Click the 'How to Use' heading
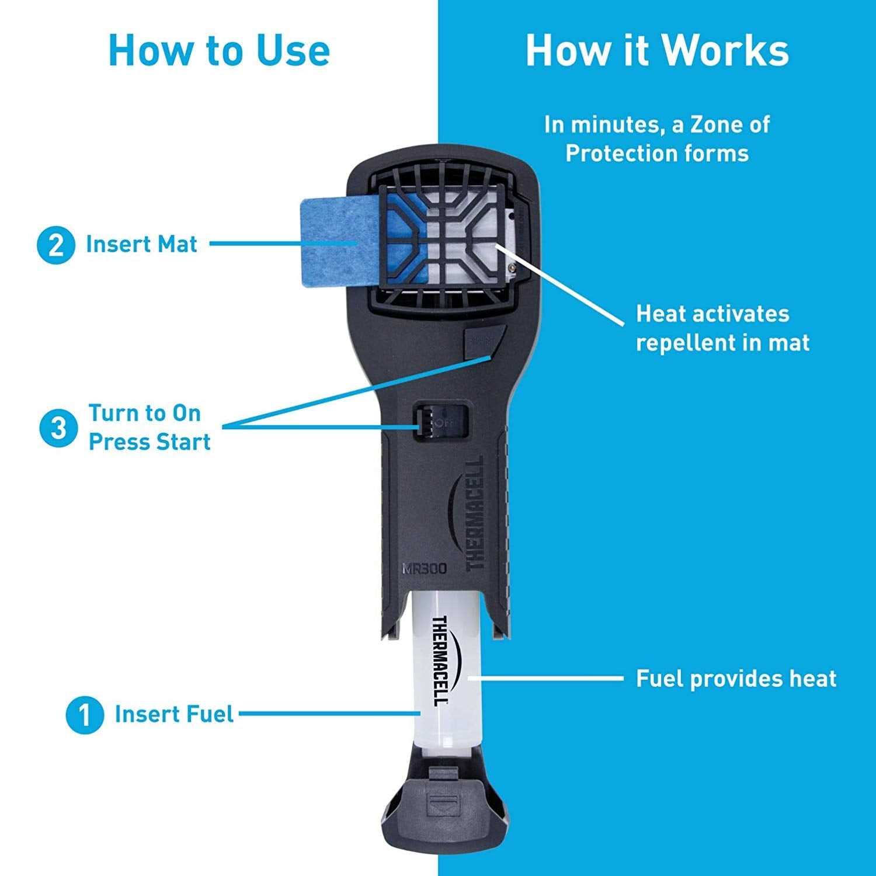tap(219, 51)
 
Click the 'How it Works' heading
tap(657, 51)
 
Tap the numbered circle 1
tap(85, 714)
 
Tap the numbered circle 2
tap(56, 245)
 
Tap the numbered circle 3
tap(58, 428)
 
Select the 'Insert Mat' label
tap(142, 244)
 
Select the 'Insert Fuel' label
tap(174, 714)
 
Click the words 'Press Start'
tap(150, 442)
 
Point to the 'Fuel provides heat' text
tap(736, 679)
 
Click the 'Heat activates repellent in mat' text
tap(722, 328)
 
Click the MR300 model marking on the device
tap(424, 568)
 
